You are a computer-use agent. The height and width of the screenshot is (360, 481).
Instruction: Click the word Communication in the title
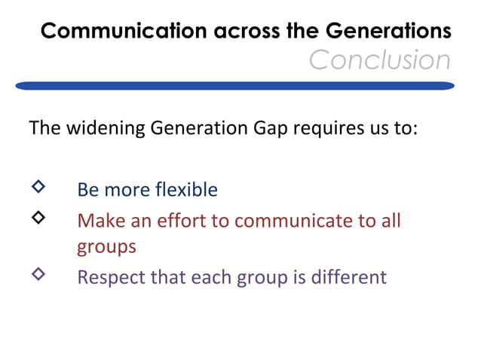coord(110,31)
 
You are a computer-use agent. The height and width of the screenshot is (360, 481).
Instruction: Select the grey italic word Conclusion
coord(379,59)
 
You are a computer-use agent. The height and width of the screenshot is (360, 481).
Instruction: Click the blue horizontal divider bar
coord(234,87)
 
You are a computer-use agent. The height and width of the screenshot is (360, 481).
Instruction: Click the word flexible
coord(185,189)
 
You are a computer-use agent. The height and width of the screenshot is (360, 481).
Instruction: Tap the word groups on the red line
coord(106,247)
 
